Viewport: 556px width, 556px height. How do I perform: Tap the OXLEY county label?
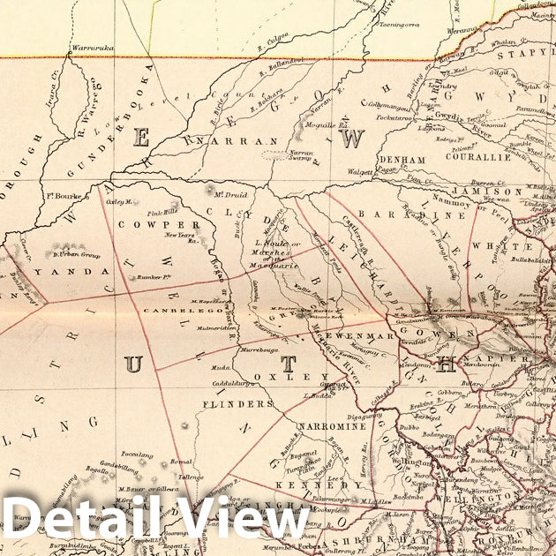point(279,377)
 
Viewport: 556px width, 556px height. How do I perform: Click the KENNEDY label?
point(305,485)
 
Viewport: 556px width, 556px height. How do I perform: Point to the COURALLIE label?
point(482,159)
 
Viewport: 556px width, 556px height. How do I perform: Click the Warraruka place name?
point(93,48)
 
